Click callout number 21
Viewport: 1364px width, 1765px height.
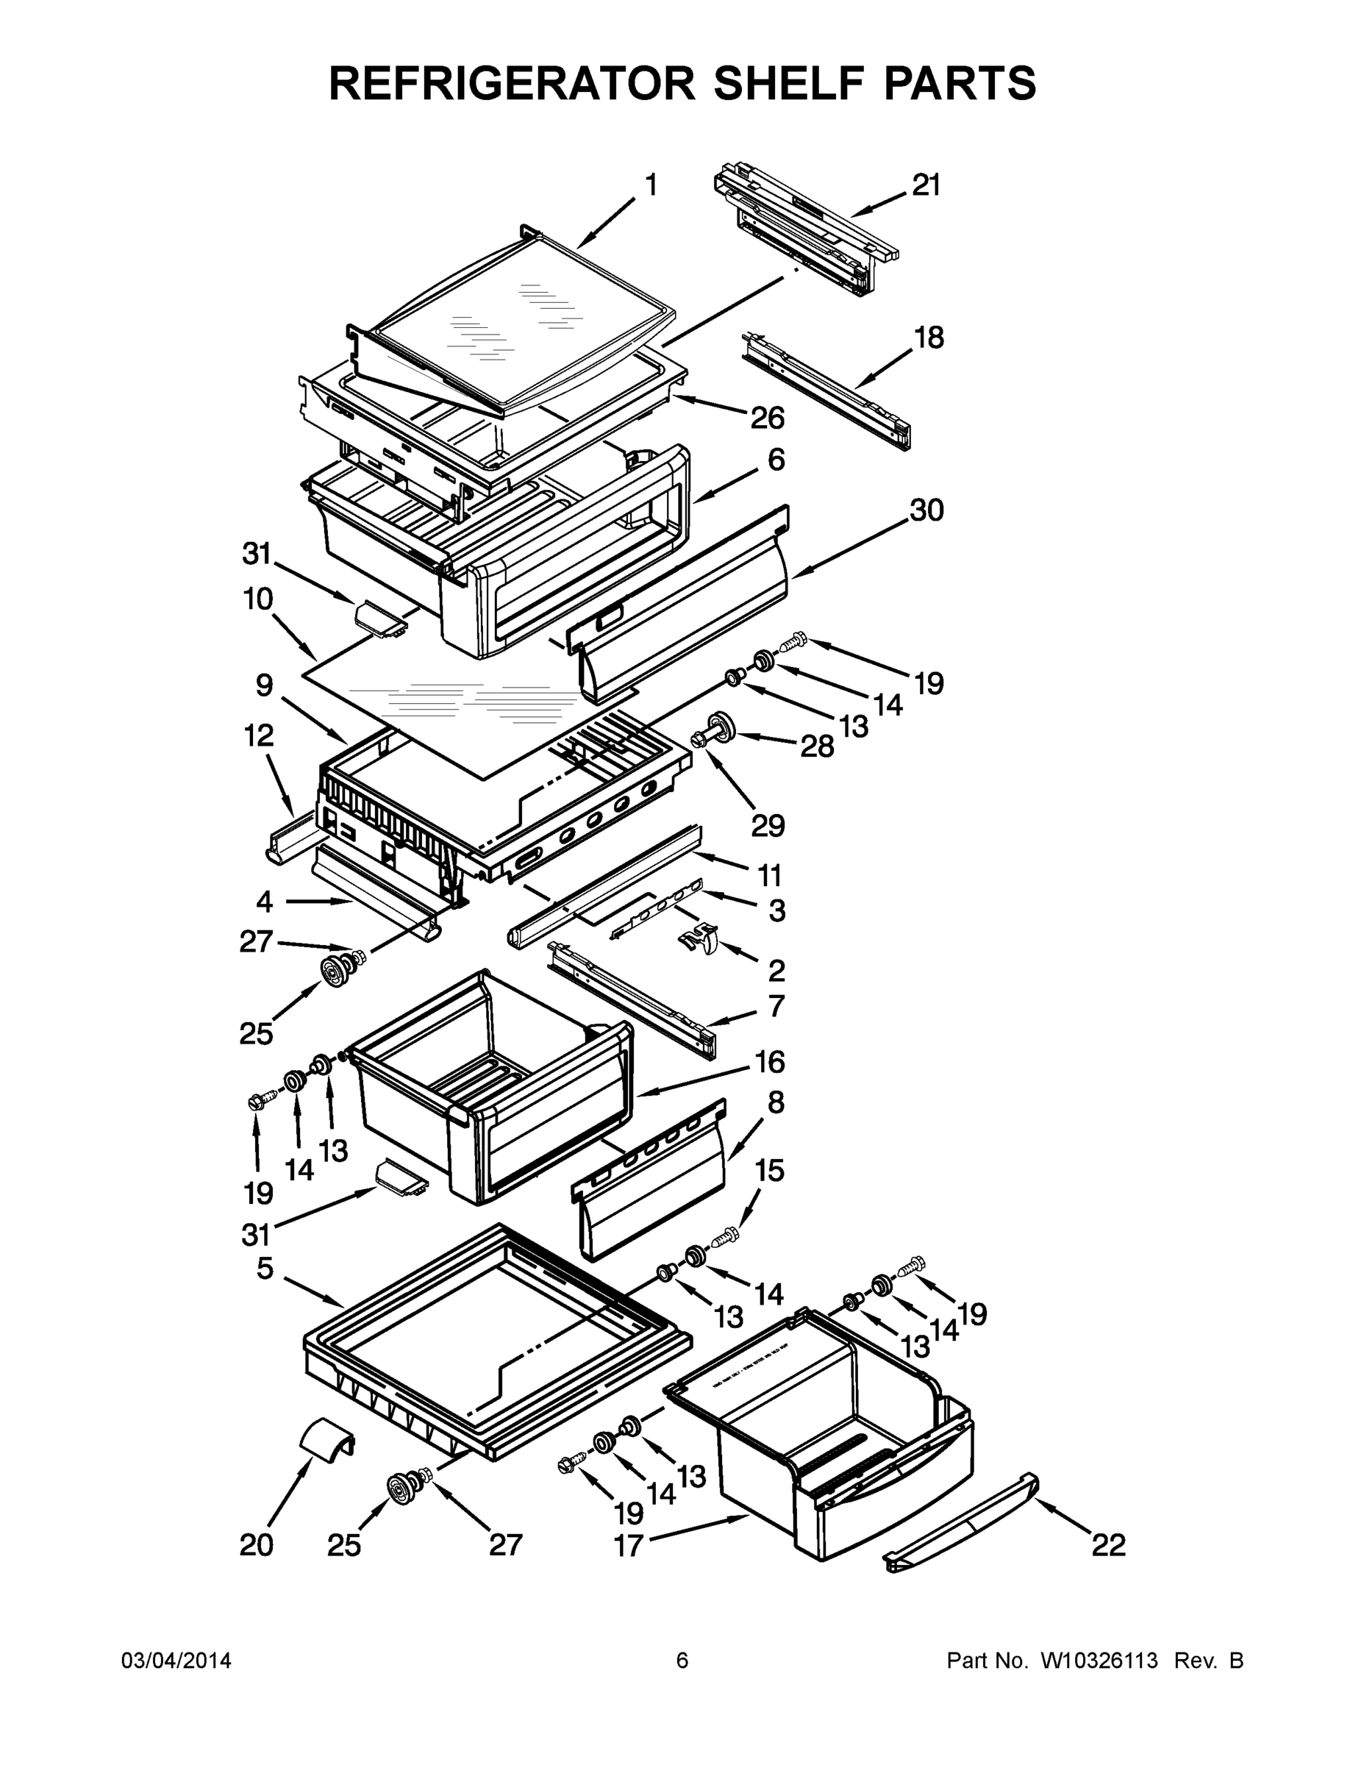(926, 186)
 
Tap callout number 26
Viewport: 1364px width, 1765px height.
(767, 418)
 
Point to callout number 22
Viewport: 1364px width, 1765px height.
(1109, 1545)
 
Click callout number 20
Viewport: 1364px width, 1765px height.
(257, 1545)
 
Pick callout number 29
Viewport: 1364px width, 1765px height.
(768, 825)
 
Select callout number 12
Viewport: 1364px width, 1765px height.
(259, 735)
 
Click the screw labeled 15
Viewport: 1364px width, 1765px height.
(726, 1235)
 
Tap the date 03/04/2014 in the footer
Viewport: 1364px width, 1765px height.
(176, 1661)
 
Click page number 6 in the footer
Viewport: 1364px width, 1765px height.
(682, 1661)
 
